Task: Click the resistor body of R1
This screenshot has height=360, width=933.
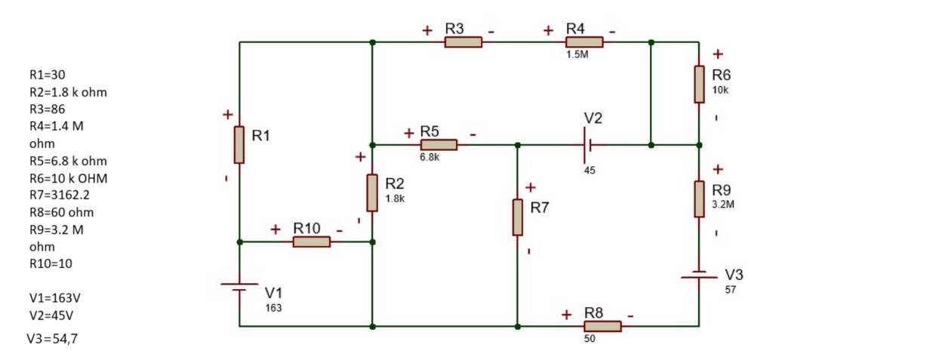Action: tap(239, 145)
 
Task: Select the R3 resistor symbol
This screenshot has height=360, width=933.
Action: tap(463, 42)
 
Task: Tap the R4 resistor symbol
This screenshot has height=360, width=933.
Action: tap(584, 42)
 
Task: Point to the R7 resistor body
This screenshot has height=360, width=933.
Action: tap(517, 217)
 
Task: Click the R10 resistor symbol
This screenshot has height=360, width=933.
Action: tap(311, 242)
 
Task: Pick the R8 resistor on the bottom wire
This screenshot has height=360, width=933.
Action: tap(602, 326)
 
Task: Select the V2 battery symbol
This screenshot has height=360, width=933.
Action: tap(584, 145)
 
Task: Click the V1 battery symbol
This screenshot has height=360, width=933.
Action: tap(239, 286)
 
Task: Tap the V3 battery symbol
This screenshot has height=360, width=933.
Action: tap(699, 275)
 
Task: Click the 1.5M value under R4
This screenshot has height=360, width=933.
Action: tap(577, 55)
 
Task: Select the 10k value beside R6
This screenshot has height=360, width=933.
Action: tap(720, 90)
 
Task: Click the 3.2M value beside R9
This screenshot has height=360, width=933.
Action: tap(723, 204)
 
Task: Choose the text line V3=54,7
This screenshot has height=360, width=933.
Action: tap(51, 339)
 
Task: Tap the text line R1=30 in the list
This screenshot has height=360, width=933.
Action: tap(47, 75)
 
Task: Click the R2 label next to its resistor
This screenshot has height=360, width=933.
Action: tap(395, 183)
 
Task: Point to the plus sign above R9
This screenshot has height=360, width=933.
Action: tap(717, 169)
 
